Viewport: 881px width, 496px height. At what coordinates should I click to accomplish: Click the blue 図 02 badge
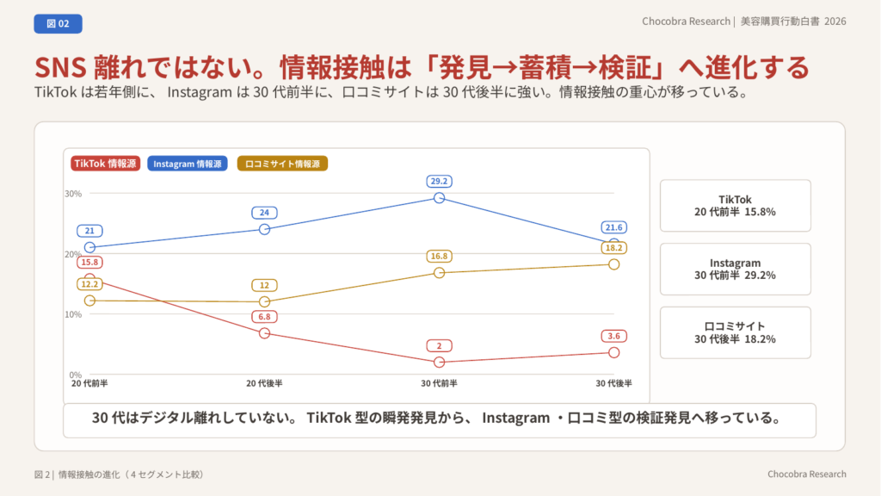[x=58, y=23]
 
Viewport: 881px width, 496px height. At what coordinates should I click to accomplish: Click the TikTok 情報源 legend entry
[x=105, y=164]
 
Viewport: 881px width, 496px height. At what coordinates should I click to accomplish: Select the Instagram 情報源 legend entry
[x=187, y=164]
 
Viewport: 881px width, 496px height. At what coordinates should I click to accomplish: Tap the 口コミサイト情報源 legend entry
[x=282, y=164]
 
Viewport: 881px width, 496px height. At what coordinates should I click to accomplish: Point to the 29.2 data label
[x=439, y=181]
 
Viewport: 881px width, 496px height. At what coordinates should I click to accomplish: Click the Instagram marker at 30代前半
[x=440, y=198]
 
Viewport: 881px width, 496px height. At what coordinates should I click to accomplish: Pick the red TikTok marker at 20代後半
[x=265, y=333]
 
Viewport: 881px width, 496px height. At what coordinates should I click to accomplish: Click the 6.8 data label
[x=264, y=317]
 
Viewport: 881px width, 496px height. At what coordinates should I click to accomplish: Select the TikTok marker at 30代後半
[x=614, y=352]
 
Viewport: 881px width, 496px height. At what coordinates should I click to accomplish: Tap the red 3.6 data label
[x=613, y=337]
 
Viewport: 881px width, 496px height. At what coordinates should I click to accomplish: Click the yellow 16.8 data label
[x=439, y=257]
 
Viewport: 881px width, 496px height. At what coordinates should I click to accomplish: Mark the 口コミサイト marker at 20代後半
[x=265, y=301]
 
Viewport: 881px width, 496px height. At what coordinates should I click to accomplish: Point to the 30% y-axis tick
[x=73, y=194]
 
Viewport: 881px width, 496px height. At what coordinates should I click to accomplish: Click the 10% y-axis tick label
[x=73, y=314]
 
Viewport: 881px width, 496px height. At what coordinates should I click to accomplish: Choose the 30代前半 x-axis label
[x=439, y=383]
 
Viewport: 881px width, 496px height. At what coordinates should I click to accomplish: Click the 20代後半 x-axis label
[x=264, y=383]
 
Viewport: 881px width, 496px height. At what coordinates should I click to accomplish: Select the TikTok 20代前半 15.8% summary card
[x=735, y=206]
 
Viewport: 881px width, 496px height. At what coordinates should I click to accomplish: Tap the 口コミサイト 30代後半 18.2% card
[x=735, y=332]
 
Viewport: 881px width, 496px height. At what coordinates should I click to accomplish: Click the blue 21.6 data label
[x=613, y=227]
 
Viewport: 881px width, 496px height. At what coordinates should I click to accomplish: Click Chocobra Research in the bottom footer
[x=807, y=474]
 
